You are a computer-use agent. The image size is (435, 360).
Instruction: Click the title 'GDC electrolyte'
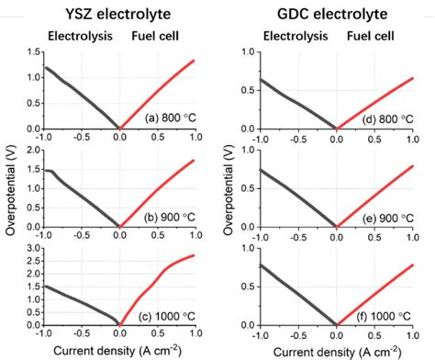tap(333, 13)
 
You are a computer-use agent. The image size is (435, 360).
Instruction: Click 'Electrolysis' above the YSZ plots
tap(79, 37)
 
